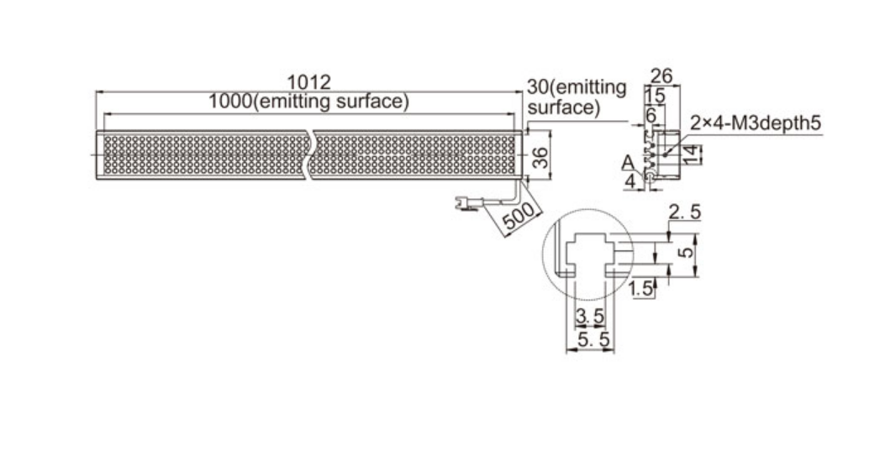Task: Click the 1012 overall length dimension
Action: [x=308, y=82]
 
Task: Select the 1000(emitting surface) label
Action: [x=308, y=102]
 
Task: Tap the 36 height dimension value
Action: [x=540, y=157]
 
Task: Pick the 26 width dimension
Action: [x=661, y=76]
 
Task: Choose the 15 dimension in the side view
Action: [x=655, y=96]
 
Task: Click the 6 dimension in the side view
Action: [x=651, y=115]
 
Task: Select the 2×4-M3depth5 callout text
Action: [x=756, y=123]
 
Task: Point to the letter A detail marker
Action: [x=628, y=163]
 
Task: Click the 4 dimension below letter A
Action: [x=630, y=181]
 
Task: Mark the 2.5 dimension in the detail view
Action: [x=685, y=212]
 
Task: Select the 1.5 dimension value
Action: [x=641, y=289]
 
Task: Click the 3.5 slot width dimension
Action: [x=590, y=317]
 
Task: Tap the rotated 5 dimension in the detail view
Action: [x=687, y=250]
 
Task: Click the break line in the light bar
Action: [x=310, y=155]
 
